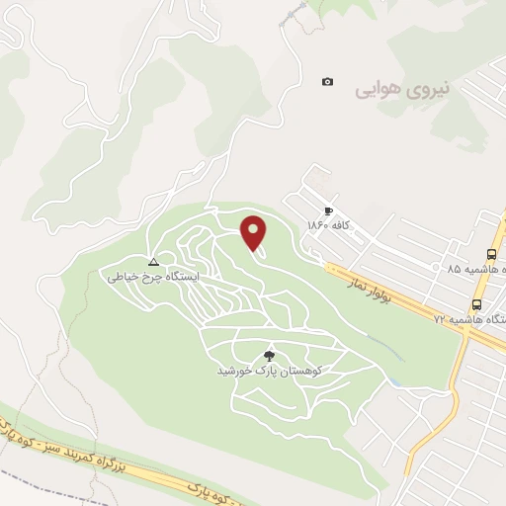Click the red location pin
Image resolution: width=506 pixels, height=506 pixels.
point(254,232)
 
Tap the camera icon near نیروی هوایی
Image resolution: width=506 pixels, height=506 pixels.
point(328,82)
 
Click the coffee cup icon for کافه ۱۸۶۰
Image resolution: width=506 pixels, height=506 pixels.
point(328,211)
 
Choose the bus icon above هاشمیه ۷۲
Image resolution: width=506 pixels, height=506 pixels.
point(477,303)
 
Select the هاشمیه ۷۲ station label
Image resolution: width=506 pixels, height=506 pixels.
point(468,319)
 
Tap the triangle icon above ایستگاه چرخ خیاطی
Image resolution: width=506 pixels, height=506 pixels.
point(153,262)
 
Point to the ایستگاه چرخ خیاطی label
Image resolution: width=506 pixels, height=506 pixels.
point(153,278)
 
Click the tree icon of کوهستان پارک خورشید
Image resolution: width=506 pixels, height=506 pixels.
point(269,355)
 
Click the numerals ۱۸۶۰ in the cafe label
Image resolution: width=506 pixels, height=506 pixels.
point(316,225)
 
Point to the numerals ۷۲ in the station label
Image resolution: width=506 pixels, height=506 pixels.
point(440,319)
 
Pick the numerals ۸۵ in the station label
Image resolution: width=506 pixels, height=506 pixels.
point(454,269)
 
